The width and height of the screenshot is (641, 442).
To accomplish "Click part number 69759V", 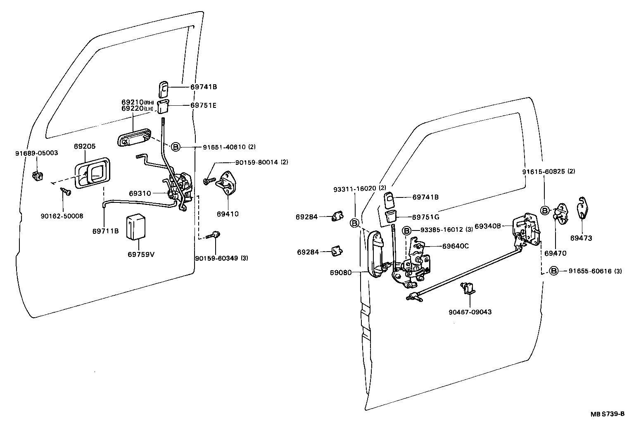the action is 141,254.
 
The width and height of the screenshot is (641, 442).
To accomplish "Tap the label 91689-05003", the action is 37,153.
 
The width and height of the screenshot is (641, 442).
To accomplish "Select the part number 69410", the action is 228,214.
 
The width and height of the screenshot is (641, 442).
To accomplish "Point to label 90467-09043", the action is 470,312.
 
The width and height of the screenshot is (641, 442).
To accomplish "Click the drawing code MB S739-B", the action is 608,422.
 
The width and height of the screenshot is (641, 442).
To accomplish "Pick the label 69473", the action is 581,238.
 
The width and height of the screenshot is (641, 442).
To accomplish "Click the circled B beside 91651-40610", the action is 176,147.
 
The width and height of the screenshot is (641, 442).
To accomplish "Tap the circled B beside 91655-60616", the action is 554,271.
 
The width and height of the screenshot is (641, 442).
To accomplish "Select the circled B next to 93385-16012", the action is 407,231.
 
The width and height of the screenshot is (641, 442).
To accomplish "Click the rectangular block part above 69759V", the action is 136,227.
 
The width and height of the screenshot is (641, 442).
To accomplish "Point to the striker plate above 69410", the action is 227,183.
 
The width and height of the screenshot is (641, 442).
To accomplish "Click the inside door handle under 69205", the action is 93,173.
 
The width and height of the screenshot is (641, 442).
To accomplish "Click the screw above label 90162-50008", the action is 66,192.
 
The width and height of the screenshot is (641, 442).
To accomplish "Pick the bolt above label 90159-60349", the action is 213,235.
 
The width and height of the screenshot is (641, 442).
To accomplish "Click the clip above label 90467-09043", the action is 468,288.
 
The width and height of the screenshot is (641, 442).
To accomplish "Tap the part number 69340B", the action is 488,226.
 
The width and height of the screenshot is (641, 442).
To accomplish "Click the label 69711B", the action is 105,231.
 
